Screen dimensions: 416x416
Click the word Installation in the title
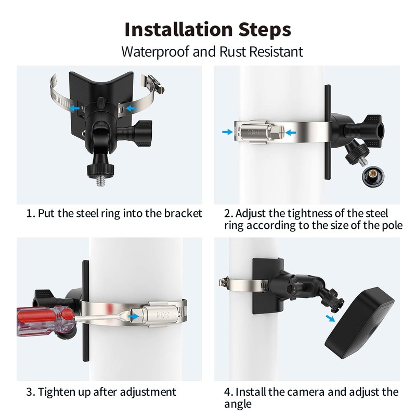pos(178,29)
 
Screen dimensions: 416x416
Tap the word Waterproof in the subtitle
pos(155,52)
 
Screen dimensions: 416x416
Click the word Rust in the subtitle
pos(232,51)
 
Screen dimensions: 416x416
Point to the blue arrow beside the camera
pos(330,318)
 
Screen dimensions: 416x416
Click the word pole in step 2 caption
pos(392,226)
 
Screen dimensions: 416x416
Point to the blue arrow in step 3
pos(134,316)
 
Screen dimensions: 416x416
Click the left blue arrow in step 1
pos(75,108)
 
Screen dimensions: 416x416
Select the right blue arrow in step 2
pos(291,132)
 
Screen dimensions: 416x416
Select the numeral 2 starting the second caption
pos(227,214)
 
